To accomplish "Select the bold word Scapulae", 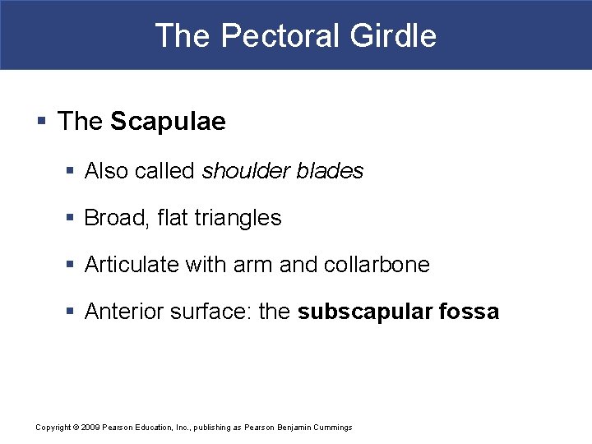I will coord(168,122).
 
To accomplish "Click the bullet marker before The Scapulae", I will coord(41,122).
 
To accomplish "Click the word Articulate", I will coord(132,265).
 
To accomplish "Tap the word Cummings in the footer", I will coord(333,428).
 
